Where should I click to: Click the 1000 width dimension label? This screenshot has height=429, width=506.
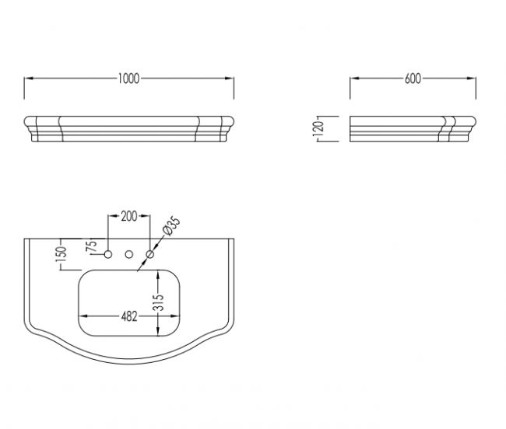tap(128, 78)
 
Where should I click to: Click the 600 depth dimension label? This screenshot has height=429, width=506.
tap(413, 78)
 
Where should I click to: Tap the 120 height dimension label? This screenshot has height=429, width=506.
tap(318, 128)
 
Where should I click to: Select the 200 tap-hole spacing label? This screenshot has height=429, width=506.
tap(129, 216)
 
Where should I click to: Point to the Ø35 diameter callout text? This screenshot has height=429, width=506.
tap(171, 226)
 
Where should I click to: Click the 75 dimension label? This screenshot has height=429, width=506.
tap(92, 246)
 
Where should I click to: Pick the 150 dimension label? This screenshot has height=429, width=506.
tap(61, 254)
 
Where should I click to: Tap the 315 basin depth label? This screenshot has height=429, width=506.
tap(159, 303)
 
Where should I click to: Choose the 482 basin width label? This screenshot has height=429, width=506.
tap(129, 317)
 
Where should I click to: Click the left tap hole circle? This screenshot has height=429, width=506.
tap(108, 254)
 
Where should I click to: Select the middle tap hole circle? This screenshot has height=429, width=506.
tap(129, 254)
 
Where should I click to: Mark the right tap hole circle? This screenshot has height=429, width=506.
tap(150, 254)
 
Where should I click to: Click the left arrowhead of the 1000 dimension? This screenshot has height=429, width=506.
tap(29, 78)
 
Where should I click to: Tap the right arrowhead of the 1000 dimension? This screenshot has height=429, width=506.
tap(230, 78)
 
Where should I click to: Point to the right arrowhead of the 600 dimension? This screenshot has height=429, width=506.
tap(472, 78)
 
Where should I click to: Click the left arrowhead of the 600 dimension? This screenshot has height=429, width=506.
tap(355, 78)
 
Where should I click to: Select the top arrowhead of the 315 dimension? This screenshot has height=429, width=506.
tap(158, 274)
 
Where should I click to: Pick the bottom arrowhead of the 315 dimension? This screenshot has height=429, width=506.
tap(158, 331)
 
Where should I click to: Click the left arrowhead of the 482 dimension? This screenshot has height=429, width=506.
tap(83, 316)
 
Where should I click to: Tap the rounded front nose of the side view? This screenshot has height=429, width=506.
tap(472, 122)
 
